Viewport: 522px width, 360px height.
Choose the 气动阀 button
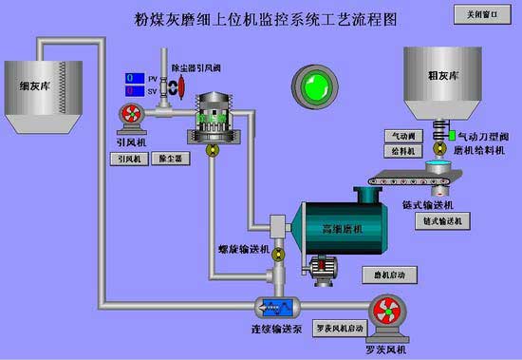click(x=401, y=137)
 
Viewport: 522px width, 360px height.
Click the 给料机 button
click(x=401, y=150)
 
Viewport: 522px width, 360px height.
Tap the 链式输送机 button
click(x=441, y=221)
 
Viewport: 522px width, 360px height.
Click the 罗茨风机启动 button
click(x=339, y=329)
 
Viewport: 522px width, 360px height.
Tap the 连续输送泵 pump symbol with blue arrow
click(x=276, y=307)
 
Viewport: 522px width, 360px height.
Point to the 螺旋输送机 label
click(x=244, y=250)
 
